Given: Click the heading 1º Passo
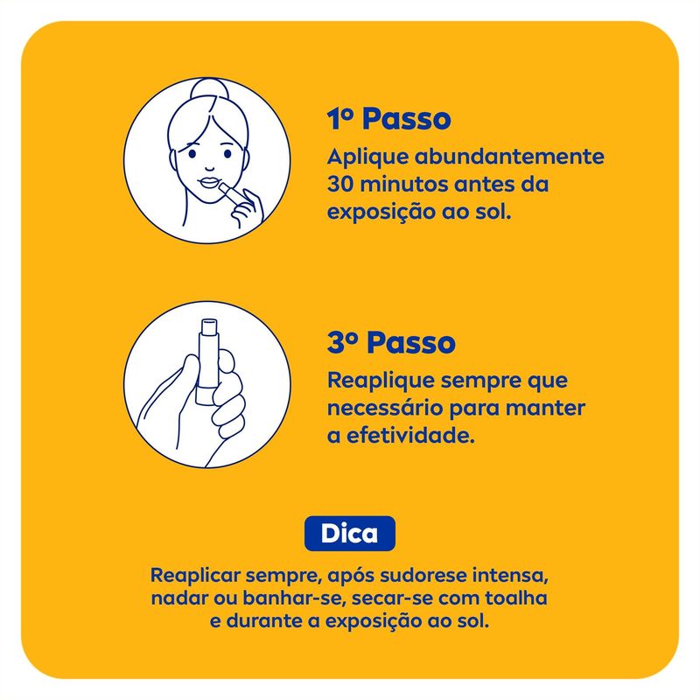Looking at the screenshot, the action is click(388, 119).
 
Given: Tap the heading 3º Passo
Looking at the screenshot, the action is click(391, 343).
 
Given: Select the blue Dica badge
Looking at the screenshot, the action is click(349, 534).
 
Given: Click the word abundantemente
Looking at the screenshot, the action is click(509, 157).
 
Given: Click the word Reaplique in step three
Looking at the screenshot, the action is click(381, 381).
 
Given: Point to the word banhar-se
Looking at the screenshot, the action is click(295, 598).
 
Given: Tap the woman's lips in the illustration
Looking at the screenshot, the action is click(208, 183).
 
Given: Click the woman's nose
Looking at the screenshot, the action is click(210, 166).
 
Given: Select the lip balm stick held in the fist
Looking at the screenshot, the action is click(206, 361).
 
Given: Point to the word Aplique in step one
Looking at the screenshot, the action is click(367, 157).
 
